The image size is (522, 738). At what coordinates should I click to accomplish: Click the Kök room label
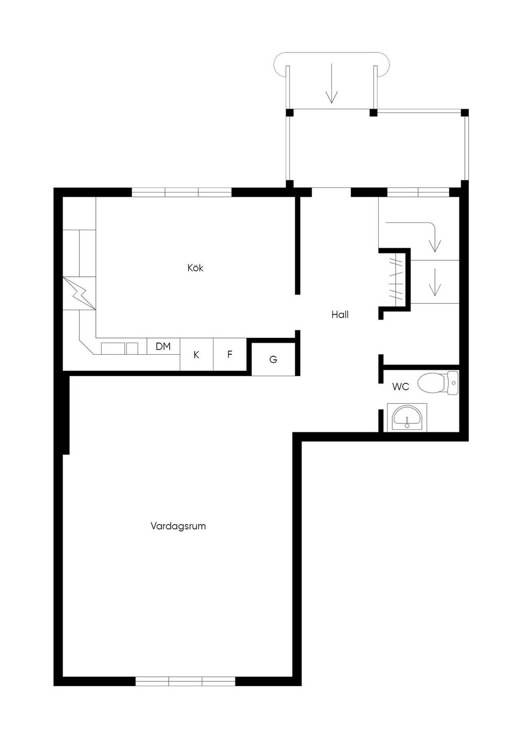coord(195,268)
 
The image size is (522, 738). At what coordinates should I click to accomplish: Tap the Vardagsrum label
coord(178,526)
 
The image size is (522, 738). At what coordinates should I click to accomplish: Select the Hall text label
coord(340,314)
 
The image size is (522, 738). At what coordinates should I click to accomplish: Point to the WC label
coord(400,387)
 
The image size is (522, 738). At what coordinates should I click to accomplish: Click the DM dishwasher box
coord(163,347)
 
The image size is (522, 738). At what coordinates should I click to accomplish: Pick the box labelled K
coord(196,355)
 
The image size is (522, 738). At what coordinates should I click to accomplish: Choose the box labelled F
coord(230,354)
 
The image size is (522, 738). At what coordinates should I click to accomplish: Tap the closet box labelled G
coord(273,359)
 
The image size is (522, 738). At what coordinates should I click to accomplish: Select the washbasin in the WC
coord(407,418)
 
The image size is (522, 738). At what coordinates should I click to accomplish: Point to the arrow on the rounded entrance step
coord(332,83)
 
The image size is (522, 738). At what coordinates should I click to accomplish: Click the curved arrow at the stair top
coord(418,232)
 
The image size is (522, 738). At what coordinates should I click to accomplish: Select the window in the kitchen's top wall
coord(181,192)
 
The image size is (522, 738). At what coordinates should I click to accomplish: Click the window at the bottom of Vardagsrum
coord(185,681)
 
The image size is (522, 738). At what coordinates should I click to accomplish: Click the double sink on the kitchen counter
coord(119,348)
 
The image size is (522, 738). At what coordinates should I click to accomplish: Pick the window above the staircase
coord(418,192)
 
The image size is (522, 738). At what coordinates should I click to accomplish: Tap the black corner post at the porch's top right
coord(464,113)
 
